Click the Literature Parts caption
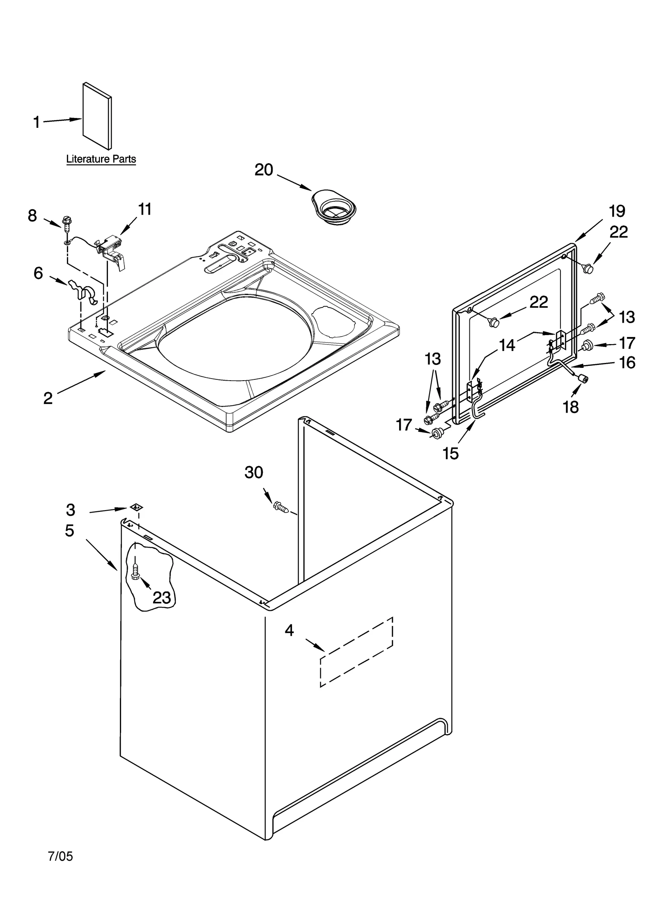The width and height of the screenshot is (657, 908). [x=101, y=159]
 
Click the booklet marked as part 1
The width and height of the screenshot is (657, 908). [x=97, y=116]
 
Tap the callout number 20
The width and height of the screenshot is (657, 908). [x=264, y=170]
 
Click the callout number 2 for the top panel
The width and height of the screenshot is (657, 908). [x=48, y=398]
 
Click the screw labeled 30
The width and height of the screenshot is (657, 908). [x=280, y=507]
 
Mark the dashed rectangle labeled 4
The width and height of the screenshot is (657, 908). [x=356, y=652]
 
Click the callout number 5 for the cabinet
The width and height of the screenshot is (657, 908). [x=70, y=531]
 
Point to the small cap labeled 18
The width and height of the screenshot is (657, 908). [x=582, y=378]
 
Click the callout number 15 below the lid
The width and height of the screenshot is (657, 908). [x=450, y=453]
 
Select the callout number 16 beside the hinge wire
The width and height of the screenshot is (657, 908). [x=627, y=363]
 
